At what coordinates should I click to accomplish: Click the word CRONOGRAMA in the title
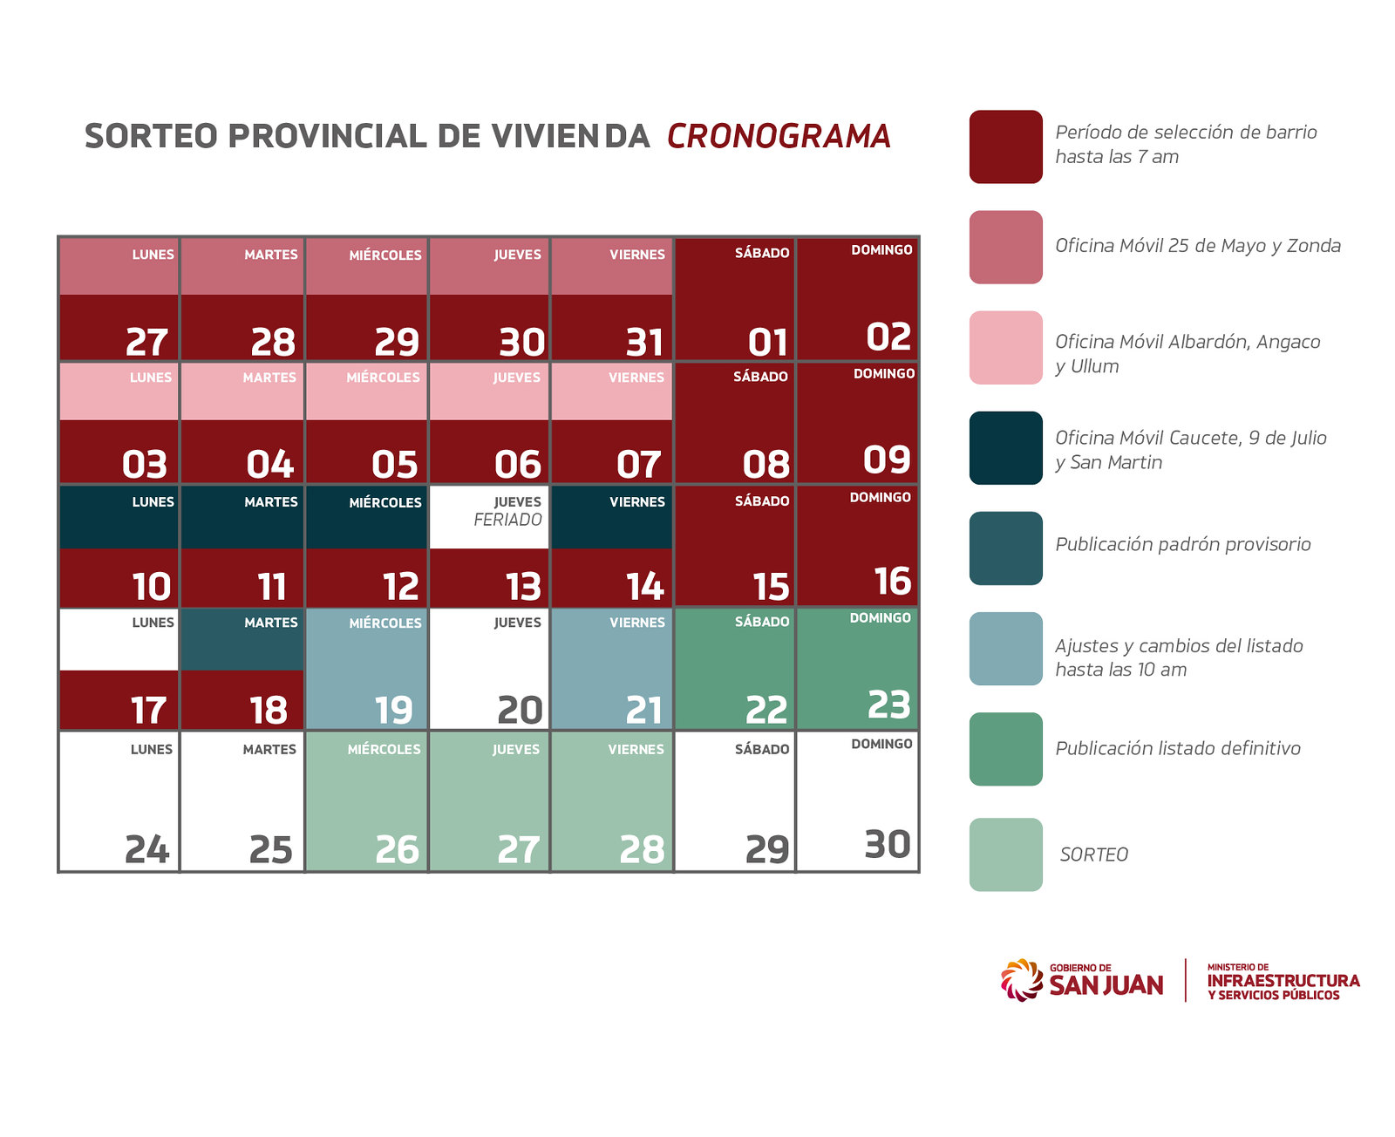(779, 136)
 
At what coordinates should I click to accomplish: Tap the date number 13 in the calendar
(523, 587)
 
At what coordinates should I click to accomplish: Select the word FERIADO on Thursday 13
(507, 520)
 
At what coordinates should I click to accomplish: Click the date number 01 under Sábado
(768, 342)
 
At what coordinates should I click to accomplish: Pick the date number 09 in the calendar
(887, 460)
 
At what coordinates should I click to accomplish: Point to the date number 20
(520, 711)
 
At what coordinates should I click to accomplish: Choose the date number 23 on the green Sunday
(888, 705)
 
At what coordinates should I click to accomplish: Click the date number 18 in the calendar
(269, 711)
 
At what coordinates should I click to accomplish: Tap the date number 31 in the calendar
(644, 342)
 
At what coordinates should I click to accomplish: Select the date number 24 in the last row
(146, 849)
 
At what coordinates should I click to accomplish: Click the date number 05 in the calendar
(394, 465)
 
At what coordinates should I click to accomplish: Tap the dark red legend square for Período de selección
(1005, 146)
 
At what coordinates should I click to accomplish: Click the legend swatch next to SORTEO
(1005, 854)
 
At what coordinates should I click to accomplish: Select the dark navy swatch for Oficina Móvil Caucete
(1005, 448)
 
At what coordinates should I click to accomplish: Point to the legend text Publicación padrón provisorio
(1182, 545)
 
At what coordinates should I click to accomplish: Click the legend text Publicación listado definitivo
(1177, 748)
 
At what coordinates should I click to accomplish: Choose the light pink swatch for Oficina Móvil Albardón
(1005, 347)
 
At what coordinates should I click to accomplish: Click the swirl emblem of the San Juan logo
(1021, 980)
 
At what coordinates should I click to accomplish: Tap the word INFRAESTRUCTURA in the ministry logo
(1283, 981)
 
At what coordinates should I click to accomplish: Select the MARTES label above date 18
(270, 623)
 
